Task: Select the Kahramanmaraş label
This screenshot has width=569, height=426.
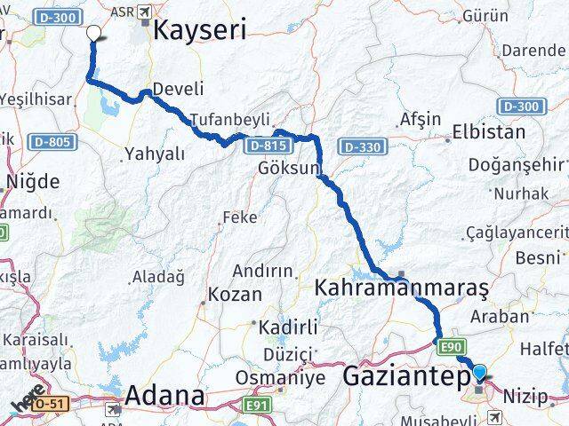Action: (402, 288)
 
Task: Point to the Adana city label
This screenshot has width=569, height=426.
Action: (165, 395)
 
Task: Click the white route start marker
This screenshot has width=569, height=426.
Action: (93, 33)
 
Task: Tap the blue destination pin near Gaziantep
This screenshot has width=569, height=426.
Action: (481, 374)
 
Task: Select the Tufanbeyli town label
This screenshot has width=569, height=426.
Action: (227, 120)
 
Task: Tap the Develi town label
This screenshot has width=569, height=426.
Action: (178, 89)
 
